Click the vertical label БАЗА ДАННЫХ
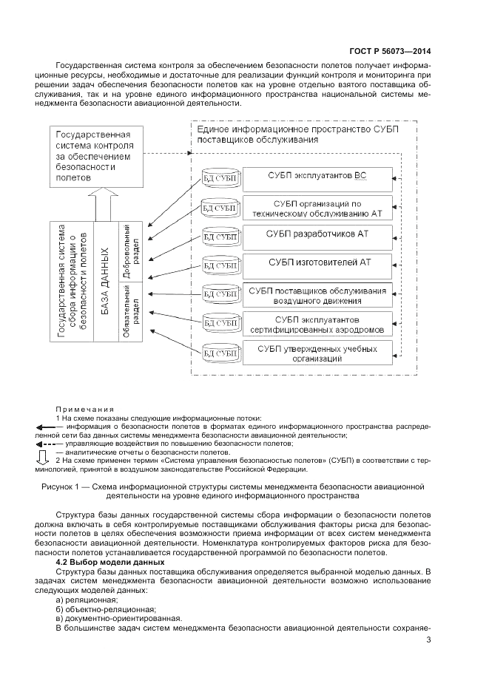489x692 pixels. pyautogui.click(x=105, y=280)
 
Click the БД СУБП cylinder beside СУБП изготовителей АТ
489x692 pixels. pyautogui.click(x=220, y=265)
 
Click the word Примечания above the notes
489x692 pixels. pyautogui.click(x=84, y=409)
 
